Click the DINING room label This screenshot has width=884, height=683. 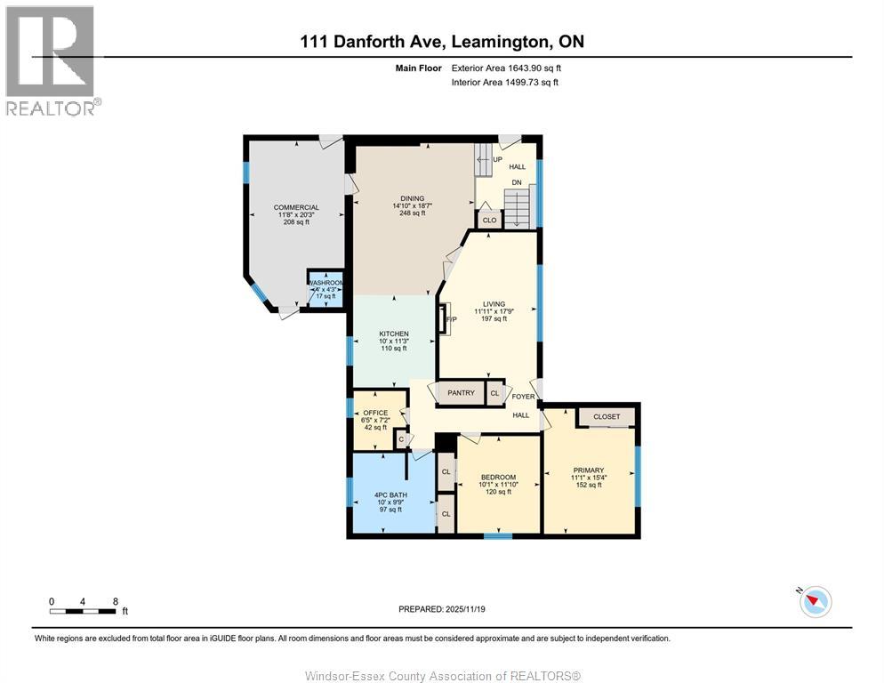coord(412,198)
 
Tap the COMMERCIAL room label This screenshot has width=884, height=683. coord(296,207)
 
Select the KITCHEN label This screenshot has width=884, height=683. coord(393,333)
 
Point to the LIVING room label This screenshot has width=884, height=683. coord(494,304)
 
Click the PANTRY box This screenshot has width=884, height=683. coord(461,392)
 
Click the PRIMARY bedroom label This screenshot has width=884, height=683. coord(588,470)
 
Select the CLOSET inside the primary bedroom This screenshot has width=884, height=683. coord(607,416)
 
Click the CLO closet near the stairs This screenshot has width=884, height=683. coord(489,220)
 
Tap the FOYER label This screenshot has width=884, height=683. coord(523,397)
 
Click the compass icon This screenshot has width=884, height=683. coord(815,601)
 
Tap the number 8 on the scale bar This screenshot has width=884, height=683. coord(116,601)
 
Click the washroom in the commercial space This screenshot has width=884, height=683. coord(325,289)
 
